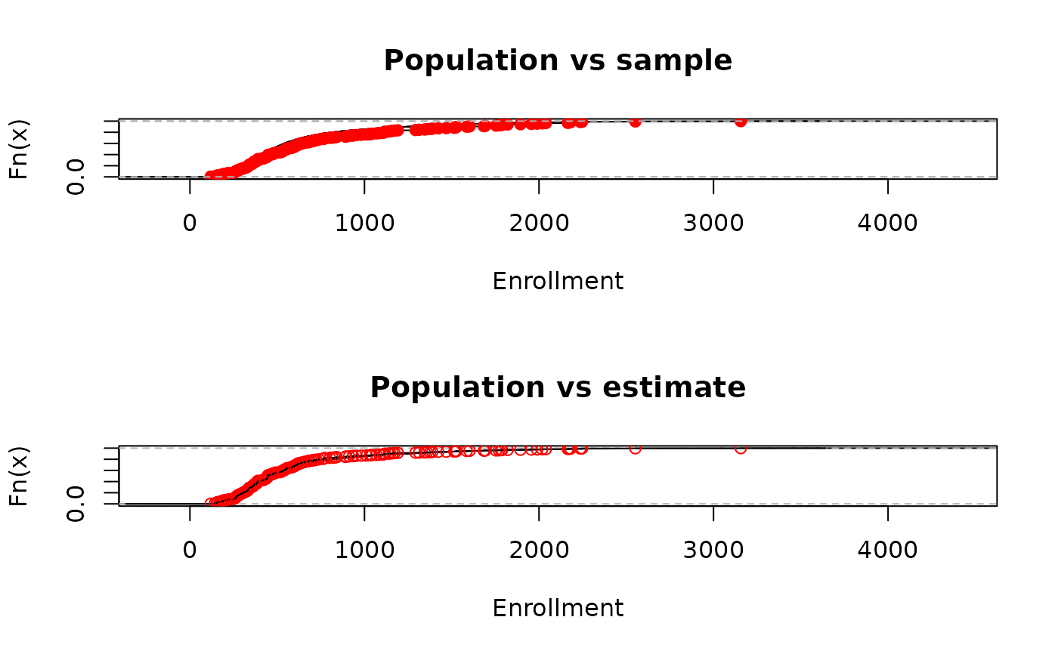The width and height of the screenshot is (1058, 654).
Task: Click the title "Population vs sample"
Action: coord(558,61)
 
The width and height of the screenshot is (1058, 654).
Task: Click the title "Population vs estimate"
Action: coord(558,388)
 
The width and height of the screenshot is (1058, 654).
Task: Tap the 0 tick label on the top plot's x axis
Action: coord(190,223)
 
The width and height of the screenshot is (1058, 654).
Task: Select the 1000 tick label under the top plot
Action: coord(364,223)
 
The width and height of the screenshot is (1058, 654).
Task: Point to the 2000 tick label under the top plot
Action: coord(539,223)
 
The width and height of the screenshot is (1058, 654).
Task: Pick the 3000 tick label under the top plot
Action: coord(713,223)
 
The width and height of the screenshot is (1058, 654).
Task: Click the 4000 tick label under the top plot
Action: coord(887,223)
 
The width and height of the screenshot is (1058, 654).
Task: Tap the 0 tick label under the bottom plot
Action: coord(190,550)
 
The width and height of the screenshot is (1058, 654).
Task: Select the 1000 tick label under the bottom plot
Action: coord(364,550)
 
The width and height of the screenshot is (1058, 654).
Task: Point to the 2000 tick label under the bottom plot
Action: coord(539,550)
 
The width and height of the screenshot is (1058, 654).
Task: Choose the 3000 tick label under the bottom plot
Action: coord(713,550)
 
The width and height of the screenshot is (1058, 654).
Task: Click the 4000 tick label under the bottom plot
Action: coord(887,550)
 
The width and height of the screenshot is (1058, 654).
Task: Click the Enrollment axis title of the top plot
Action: coord(558,282)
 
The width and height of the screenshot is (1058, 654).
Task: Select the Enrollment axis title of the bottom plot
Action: coord(558,609)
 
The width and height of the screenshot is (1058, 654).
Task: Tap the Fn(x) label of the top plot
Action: coord(19,149)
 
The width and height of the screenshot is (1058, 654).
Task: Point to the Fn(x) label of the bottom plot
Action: coord(19,476)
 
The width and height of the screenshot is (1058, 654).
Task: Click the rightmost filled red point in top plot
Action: coord(741,122)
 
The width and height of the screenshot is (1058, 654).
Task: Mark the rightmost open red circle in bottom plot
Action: coord(741,449)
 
